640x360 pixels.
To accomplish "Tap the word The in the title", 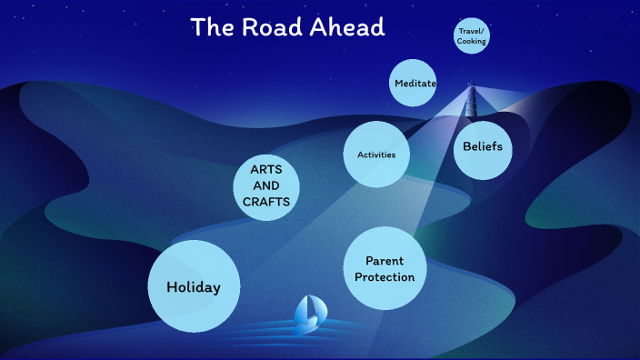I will coord(211,27).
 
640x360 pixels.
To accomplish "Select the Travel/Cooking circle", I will coord(472,36).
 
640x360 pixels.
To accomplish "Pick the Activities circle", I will coord(376,155).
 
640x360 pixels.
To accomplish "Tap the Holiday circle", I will coord(194,286).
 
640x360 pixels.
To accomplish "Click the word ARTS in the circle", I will coord(266,169).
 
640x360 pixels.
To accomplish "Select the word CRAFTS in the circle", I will coord(266,202).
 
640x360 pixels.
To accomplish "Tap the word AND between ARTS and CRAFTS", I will coord(266,185).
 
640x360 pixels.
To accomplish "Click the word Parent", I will coord(385,261).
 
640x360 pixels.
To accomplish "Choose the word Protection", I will coord(385,277).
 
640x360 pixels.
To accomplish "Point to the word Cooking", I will coord(472,42).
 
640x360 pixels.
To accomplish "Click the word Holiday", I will coord(194,287).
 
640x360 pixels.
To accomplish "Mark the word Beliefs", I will coord(483,146).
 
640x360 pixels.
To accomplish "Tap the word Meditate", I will coord(415,84).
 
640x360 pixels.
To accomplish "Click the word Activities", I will coord(376,155).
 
